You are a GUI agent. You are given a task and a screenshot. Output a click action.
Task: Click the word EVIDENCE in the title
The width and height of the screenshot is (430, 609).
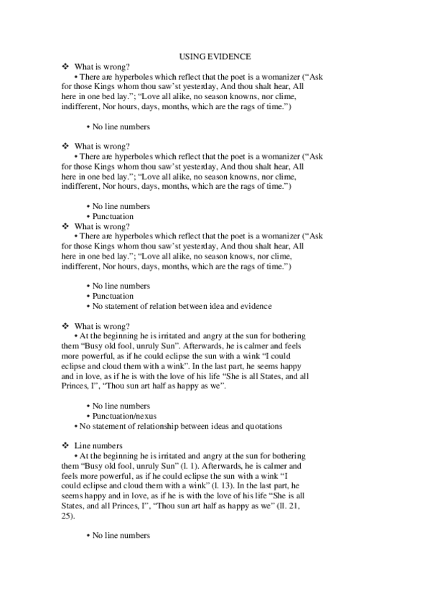pyautogui.click(x=229, y=55)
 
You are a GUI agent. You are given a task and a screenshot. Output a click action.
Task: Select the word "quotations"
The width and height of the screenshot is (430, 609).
pyautogui.click(x=261, y=426)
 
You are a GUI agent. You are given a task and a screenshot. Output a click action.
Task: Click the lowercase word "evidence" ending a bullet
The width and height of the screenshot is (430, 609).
pyautogui.click(x=255, y=307)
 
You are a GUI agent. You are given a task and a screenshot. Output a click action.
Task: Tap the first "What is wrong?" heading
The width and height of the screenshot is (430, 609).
pyautogui.click(x=102, y=65)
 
